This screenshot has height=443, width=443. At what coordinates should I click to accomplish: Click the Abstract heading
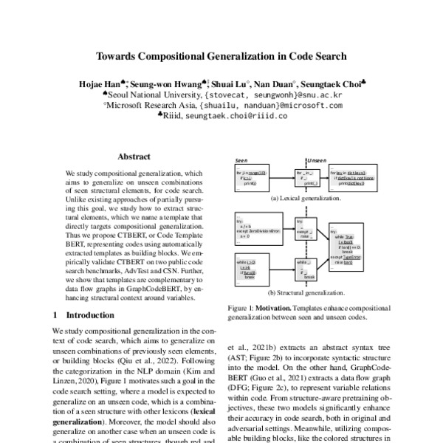134,157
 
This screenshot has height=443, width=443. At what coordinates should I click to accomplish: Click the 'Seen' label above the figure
241,159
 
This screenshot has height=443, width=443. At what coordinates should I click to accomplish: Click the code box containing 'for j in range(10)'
254,178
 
